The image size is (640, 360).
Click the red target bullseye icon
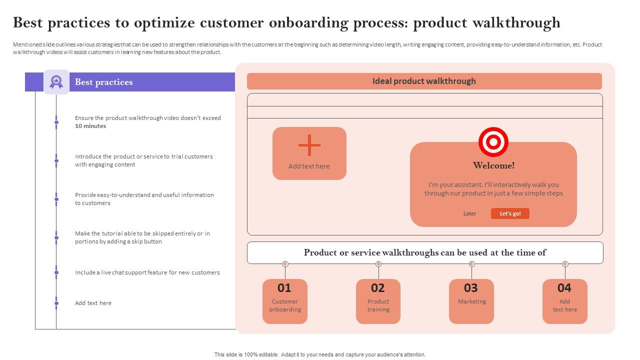tap(493, 142)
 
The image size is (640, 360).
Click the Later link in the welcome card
tap(469, 213)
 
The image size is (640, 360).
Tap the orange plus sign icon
tap(309, 145)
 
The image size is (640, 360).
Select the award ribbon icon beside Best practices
tap(56, 82)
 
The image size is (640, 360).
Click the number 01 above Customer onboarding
tap(284, 288)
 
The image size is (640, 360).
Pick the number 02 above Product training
tap(378, 288)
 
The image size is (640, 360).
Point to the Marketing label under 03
tap(471, 301)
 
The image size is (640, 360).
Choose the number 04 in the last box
tap(564, 288)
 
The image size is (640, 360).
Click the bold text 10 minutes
tap(90, 126)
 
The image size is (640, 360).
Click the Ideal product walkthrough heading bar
tap(424, 81)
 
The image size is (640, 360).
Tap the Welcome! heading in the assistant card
tap(493, 165)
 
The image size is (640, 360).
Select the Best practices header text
tap(104, 82)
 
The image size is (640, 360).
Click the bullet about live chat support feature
tap(147, 272)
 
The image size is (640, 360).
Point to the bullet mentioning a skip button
tap(142, 237)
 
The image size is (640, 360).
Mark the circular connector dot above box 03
tap(471, 264)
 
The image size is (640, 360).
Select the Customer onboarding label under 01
tap(285, 305)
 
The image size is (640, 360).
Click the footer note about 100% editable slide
tap(320, 354)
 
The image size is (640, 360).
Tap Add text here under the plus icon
tap(309, 166)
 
